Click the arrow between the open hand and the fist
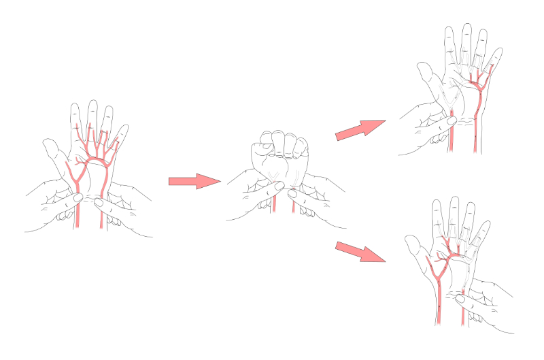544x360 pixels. (194, 181)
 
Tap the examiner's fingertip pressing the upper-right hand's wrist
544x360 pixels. (449, 120)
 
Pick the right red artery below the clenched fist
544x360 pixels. (293, 204)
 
